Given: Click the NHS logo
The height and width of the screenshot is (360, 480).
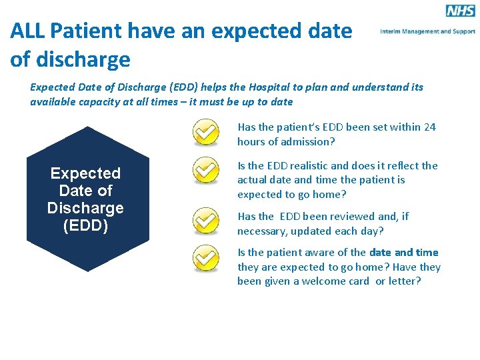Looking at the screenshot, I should [460, 11].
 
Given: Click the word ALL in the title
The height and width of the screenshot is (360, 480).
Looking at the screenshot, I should [27, 31].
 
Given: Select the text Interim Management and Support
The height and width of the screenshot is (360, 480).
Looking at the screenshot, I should [427, 31].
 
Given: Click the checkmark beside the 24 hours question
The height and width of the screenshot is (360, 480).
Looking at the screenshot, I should [206, 132].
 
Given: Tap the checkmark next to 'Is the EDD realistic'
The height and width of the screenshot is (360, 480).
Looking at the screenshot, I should [206, 171].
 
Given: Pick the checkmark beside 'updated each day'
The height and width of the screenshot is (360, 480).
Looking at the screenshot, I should [206, 221].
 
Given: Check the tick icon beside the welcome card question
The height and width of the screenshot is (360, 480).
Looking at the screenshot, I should [206, 259].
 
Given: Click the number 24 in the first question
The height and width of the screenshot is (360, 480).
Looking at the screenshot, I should [429, 127].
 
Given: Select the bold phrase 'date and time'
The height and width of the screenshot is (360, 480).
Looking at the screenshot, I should [404, 252].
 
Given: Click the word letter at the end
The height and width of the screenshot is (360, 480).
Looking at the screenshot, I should [405, 281].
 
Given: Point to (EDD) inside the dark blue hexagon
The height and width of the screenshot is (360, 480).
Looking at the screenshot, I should [85, 225].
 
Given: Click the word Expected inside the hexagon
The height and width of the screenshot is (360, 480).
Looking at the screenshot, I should [85, 173].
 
